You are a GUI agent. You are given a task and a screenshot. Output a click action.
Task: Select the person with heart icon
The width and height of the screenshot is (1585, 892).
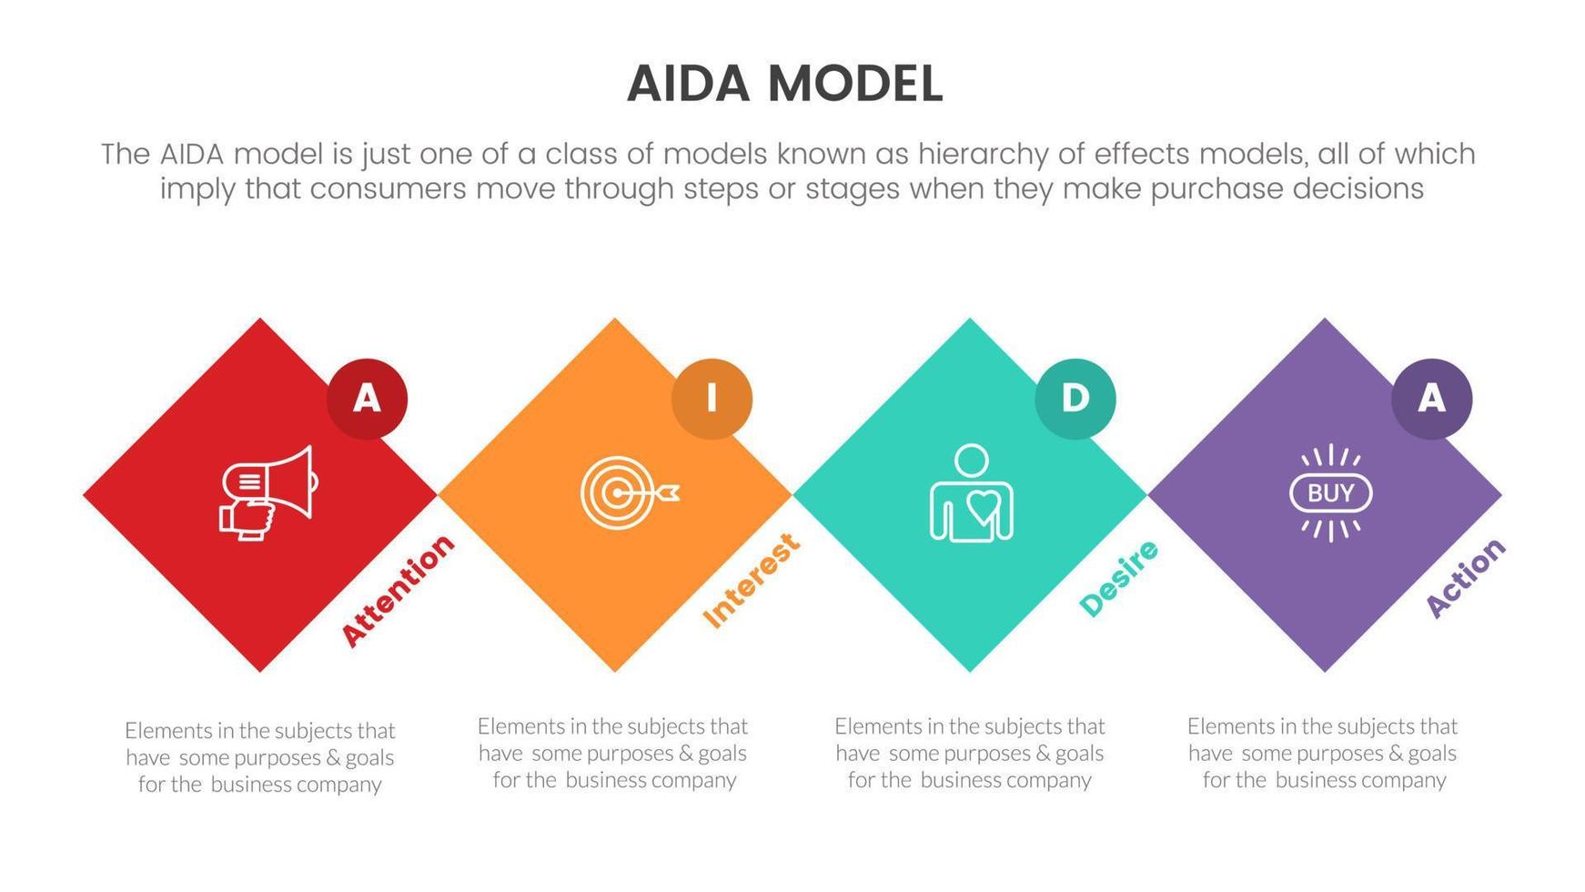971,492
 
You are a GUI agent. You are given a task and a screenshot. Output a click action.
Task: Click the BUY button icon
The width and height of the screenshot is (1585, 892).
1330,493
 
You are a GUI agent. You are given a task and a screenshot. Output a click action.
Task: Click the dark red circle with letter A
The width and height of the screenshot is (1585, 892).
367,399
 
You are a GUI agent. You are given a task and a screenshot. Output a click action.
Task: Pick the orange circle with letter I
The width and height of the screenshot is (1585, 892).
712,399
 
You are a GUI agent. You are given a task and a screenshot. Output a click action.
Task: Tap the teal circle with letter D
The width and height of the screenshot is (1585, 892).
1075,399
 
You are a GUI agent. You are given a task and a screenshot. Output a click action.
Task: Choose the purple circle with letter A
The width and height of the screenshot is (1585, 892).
1431,399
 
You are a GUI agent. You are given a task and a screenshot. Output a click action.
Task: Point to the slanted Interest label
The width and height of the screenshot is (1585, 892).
752,580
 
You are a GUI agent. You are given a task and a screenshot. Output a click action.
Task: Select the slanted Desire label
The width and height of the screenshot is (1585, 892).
1118,578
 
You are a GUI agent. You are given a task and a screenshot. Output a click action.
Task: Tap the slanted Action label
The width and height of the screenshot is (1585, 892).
1465,577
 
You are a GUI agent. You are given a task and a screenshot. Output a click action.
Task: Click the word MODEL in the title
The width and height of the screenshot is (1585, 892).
854,85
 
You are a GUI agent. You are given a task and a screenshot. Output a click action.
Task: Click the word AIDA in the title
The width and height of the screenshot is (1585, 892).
688,85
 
